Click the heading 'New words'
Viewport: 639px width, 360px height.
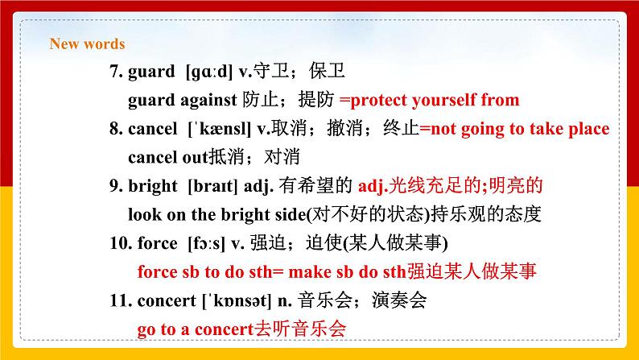tap(87, 44)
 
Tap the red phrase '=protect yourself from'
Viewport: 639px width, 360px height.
tap(429, 100)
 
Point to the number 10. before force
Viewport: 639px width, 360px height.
tap(120, 243)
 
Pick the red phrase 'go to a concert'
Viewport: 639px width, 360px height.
tap(193, 329)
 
